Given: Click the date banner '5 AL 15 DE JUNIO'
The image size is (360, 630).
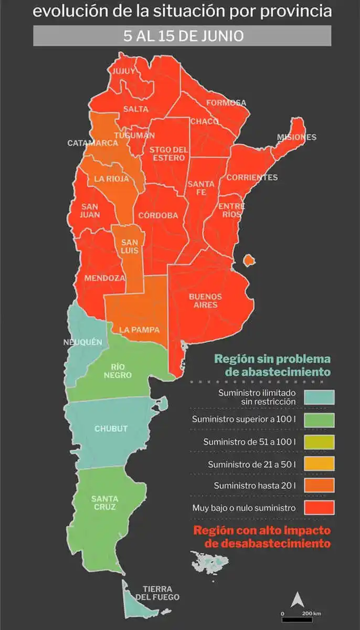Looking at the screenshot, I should (x=182, y=36).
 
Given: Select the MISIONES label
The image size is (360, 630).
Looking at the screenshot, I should (x=297, y=138).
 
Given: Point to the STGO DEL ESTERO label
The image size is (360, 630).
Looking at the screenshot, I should (x=167, y=154).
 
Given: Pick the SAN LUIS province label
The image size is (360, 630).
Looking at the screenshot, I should (x=130, y=247).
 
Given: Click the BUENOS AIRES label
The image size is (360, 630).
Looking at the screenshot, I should (x=205, y=301).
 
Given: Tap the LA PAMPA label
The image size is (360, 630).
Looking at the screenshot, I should (x=139, y=330).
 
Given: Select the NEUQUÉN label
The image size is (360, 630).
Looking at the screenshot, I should (x=82, y=342).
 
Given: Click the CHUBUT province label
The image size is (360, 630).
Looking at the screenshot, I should (x=111, y=428).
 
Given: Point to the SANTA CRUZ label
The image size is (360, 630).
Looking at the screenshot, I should (x=104, y=503).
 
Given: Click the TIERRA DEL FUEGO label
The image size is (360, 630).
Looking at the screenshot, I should (x=157, y=593).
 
